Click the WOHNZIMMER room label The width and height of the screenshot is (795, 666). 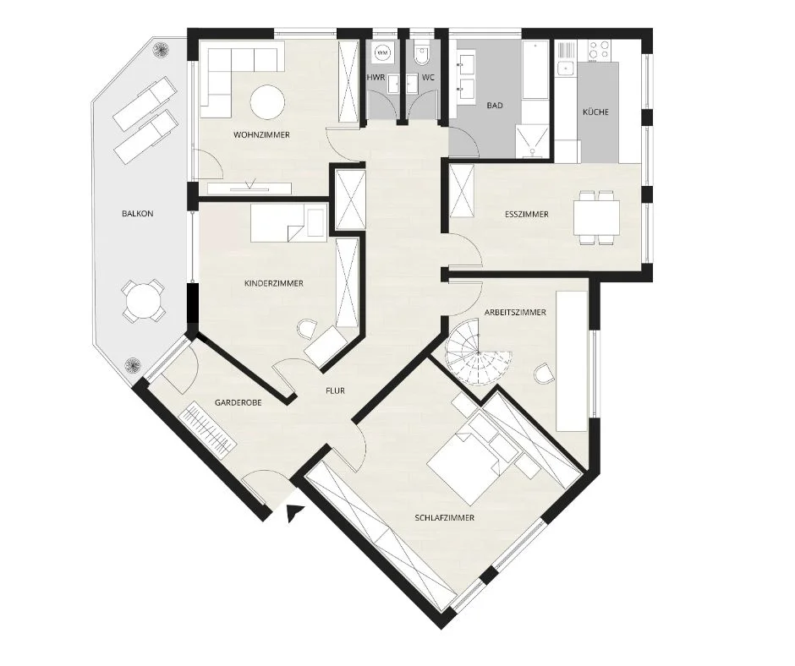261,135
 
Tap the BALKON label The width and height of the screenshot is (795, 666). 137,214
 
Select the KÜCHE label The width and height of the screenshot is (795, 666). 595,112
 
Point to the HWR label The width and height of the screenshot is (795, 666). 376,78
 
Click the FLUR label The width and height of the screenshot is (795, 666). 335,390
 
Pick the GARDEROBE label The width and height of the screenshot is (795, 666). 238,403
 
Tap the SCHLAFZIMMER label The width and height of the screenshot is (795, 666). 445,518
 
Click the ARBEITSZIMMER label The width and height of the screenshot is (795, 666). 515,312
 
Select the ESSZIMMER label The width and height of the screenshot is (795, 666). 527,215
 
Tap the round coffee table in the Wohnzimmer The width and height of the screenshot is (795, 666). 266,101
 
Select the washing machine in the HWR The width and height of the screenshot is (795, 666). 384,52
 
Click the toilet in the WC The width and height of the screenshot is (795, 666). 421,56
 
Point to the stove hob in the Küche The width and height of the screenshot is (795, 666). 599,50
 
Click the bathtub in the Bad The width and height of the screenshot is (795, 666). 535,70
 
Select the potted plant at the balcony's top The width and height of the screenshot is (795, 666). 162,50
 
